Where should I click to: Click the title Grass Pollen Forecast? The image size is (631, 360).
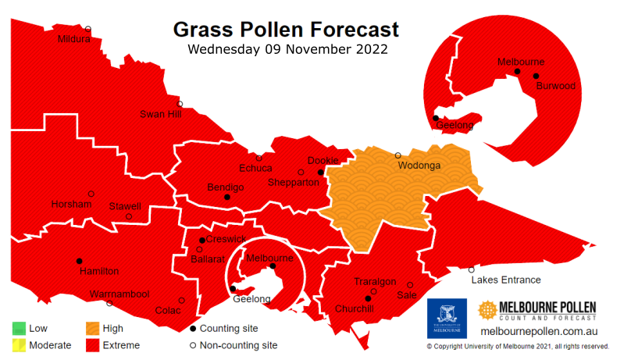[x=285, y=30]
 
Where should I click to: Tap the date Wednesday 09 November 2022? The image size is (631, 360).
[x=285, y=50]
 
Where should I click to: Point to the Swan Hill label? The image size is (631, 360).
[x=160, y=114]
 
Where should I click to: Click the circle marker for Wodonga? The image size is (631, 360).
[x=397, y=155]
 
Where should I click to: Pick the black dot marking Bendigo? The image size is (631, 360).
[x=227, y=198]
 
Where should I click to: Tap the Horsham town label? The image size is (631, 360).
[x=71, y=204]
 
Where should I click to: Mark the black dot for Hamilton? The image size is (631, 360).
[x=79, y=261]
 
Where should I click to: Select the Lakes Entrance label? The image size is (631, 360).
[x=505, y=280]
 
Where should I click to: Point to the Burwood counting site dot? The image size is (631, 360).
[x=536, y=76]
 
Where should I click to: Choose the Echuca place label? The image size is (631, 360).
[x=255, y=168]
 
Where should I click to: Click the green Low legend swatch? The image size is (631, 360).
[x=18, y=329]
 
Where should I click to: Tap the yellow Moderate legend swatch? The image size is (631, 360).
[x=18, y=344]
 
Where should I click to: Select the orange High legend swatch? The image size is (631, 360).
[x=92, y=329]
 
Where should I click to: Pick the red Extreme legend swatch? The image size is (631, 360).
[x=92, y=344]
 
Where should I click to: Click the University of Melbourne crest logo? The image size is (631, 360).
[x=447, y=318]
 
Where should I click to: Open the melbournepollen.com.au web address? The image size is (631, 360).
[x=539, y=332]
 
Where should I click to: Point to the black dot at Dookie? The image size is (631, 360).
[x=320, y=173]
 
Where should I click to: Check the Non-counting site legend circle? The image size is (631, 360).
[x=194, y=344]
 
